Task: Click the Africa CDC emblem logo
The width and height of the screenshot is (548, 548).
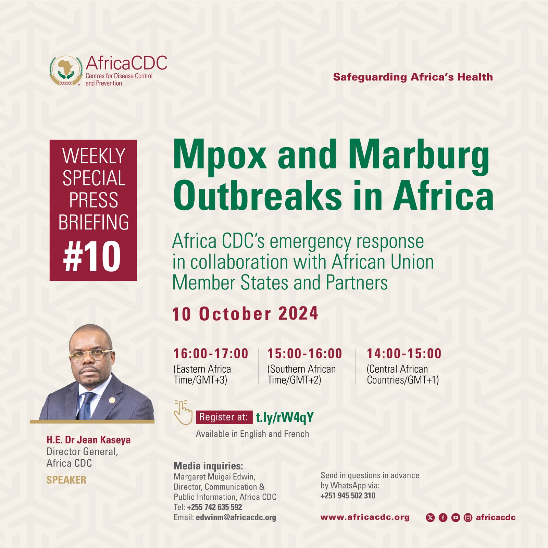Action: [x=66, y=71]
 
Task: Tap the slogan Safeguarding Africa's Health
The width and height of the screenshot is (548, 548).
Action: [x=413, y=77]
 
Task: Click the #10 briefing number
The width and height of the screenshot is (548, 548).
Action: [x=92, y=257]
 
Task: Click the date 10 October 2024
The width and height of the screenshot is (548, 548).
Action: [x=245, y=314]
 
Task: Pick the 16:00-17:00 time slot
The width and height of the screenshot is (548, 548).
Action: [x=211, y=354]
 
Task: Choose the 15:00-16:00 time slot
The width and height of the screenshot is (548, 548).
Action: [x=305, y=354]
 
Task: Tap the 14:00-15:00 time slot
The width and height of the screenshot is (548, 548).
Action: [x=404, y=354]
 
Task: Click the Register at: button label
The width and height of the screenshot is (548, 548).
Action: [x=224, y=417]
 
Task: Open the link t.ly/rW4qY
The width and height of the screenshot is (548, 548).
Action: [x=285, y=418]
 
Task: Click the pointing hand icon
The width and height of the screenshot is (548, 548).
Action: [x=183, y=412]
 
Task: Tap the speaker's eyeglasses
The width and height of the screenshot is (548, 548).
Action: [x=91, y=354]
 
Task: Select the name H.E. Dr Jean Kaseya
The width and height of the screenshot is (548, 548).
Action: [x=88, y=440]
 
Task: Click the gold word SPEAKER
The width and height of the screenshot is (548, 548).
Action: [x=66, y=480]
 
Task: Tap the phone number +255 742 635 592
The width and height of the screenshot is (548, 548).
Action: [x=214, y=507]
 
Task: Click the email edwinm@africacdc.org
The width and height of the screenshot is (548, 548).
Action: [x=236, y=518]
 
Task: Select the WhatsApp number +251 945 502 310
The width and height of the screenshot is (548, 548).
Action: [x=348, y=496]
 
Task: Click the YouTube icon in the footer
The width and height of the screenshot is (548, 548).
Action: [x=456, y=518]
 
